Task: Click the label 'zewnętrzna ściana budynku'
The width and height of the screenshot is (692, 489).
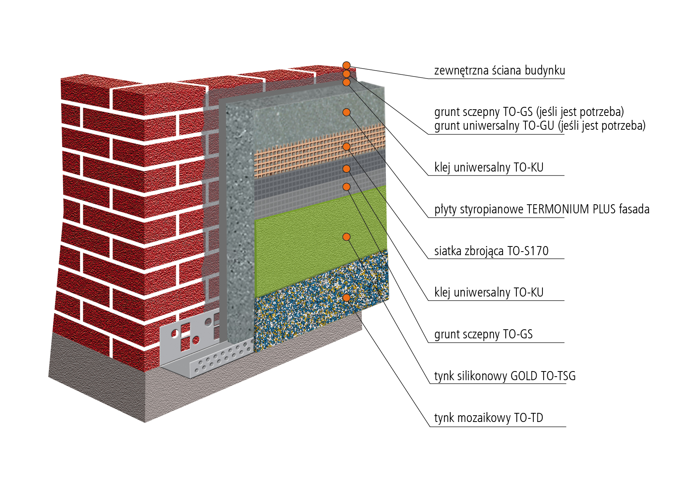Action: click(x=499, y=71)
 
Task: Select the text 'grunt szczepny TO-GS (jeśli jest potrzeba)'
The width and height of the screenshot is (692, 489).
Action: click(x=529, y=112)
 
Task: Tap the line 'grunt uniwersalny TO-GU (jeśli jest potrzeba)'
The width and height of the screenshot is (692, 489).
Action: click(x=540, y=126)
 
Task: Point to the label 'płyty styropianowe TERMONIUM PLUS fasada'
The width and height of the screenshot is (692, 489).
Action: click(x=542, y=209)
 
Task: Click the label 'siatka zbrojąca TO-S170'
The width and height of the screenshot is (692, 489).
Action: click(x=491, y=251)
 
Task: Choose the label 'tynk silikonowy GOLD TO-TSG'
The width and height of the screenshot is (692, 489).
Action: click(x=505, y=376)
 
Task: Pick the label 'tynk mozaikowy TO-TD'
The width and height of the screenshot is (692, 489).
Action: click(x=488, y=418)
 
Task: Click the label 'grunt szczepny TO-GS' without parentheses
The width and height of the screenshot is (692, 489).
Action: click(x=483, y=334)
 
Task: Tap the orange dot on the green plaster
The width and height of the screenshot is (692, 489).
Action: click(x=346, y=237)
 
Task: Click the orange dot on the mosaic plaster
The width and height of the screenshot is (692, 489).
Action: click(x=346, y=297)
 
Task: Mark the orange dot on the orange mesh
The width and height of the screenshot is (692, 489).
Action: click(x=346, y=147)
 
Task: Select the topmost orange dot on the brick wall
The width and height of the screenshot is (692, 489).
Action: click(x=346, y=65)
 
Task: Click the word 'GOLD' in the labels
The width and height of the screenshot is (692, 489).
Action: click(x=524, y=376)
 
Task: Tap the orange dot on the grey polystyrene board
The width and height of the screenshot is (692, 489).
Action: click(x=346, y=112)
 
